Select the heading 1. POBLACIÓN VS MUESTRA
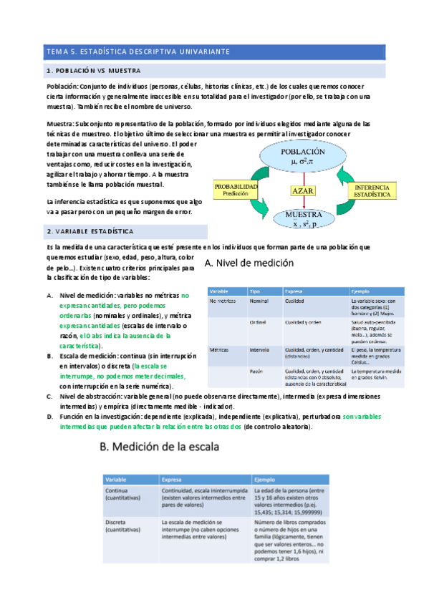coord(93,71)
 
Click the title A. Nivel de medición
coord(249,263)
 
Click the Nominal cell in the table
coord(259,301)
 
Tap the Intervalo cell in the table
coord(260,350)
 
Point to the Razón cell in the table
coord(257,372)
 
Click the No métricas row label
coord(223,301)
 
